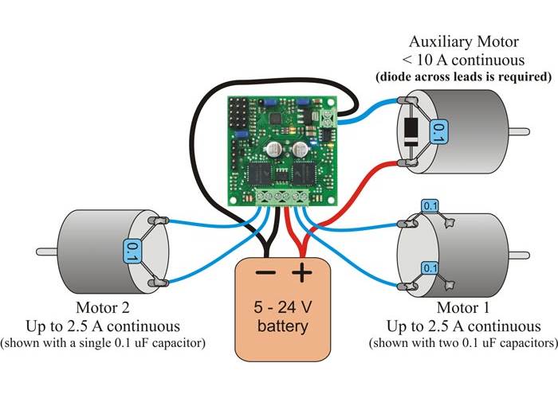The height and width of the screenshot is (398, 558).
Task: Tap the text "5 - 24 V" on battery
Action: pos(281,306)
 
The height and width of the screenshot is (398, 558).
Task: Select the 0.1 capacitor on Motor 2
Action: pos(132,253)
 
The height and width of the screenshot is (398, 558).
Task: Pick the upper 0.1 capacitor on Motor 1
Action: pos(430,208)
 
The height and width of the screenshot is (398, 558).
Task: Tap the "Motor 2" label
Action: pos(102,308)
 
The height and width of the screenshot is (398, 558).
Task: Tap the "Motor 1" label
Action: pos(463,308)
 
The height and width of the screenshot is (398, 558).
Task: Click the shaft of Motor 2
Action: pos(46,252)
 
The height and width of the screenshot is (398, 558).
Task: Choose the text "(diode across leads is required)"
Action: pos(463,77)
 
